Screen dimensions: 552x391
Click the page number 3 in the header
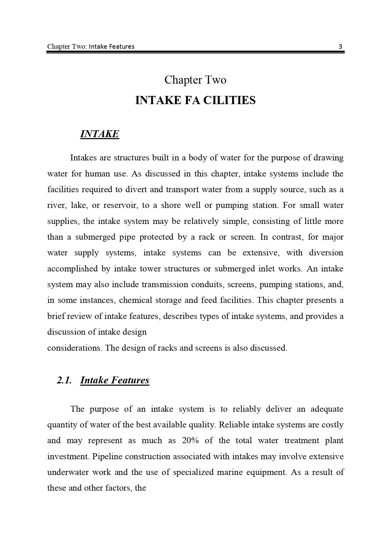tap(340, 47)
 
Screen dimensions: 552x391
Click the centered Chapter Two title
tap(195, 80)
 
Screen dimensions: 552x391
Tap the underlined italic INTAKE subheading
tap(100, 134)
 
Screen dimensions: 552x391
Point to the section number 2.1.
tap(64, 380)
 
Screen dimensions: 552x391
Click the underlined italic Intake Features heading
tap(115, 380)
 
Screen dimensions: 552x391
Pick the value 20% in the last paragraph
tap(190, 440)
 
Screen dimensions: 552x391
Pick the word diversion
tap(326, 253)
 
